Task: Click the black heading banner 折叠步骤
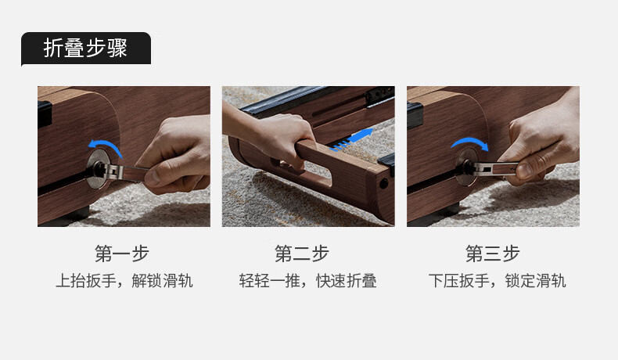click(x=86, y=49)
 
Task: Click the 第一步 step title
click(x=122, y=254)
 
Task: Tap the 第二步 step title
click(x=302, y=254)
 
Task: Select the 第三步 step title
click(x=493, y=254)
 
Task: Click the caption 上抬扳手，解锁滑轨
click(x=124, y=281)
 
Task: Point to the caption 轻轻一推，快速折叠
click(x=307, y=281)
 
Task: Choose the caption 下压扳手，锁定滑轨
click(x=498, y=281)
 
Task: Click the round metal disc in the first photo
click(x=97, y=169)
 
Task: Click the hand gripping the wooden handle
click(x=272, y=134)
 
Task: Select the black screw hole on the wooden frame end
click(x=383, y=184)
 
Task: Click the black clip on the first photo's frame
click(x=45, y=114)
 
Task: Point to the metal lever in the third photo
click(x=490, y=169)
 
